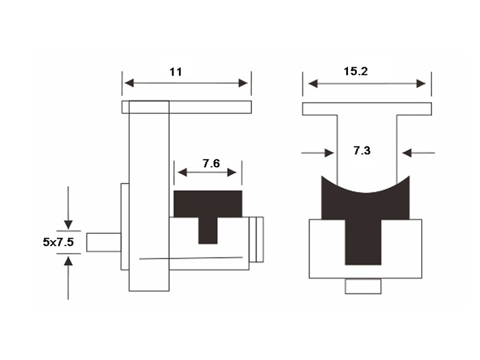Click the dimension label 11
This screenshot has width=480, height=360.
tap(176, 72)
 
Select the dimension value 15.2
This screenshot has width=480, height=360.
tap(356, 71)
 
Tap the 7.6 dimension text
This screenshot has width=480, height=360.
tap(211, 163)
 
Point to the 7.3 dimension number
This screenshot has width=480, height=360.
tap(362, 151)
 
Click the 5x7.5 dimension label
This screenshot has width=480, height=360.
tap(58, 242)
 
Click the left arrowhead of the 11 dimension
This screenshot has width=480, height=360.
tap(129, 83)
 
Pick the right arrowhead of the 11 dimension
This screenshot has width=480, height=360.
tap(243, 83)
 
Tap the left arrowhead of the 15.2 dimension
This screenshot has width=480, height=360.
tap(313, 83)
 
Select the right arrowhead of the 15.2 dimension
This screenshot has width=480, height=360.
tap(421, 83)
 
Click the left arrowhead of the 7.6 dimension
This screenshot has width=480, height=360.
tap(182, 173)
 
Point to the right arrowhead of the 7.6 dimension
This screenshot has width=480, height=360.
tap(232, 173)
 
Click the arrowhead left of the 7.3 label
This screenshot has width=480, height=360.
tap(329, 153)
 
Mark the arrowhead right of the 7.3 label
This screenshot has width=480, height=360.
tap(407, 153)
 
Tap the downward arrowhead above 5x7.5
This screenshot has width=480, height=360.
tap(68, 224)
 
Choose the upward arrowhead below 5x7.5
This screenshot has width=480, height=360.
tap(68, 261)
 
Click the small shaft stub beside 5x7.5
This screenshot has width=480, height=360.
tap(104, 242)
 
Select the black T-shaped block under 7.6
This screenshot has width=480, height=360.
tap(208, 208)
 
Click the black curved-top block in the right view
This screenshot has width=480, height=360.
tap(365, 211)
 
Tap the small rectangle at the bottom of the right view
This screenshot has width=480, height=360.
tap(363, 286)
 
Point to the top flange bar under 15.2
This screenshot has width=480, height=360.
tap(367, 109)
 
